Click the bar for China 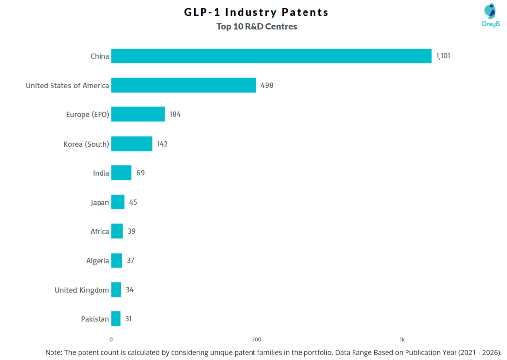[271, 56]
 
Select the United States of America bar [184, 85]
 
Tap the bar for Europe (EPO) [138, 114]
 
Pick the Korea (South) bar [132, 144]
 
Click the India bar [121, 173]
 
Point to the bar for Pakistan [116, 319]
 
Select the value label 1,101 [443, 56]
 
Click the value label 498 [267, 85]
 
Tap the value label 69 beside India [140, 173]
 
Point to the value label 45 [133, 202]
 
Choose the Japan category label [100, 202]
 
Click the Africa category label [100, 231]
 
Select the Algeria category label [98, 260]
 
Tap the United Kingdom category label [82, 290]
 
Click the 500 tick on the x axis [256, 339]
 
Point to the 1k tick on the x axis [402, 339]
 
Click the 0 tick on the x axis [111, 339]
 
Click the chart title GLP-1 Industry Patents [256, 12]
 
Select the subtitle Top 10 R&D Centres [256, 27]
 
